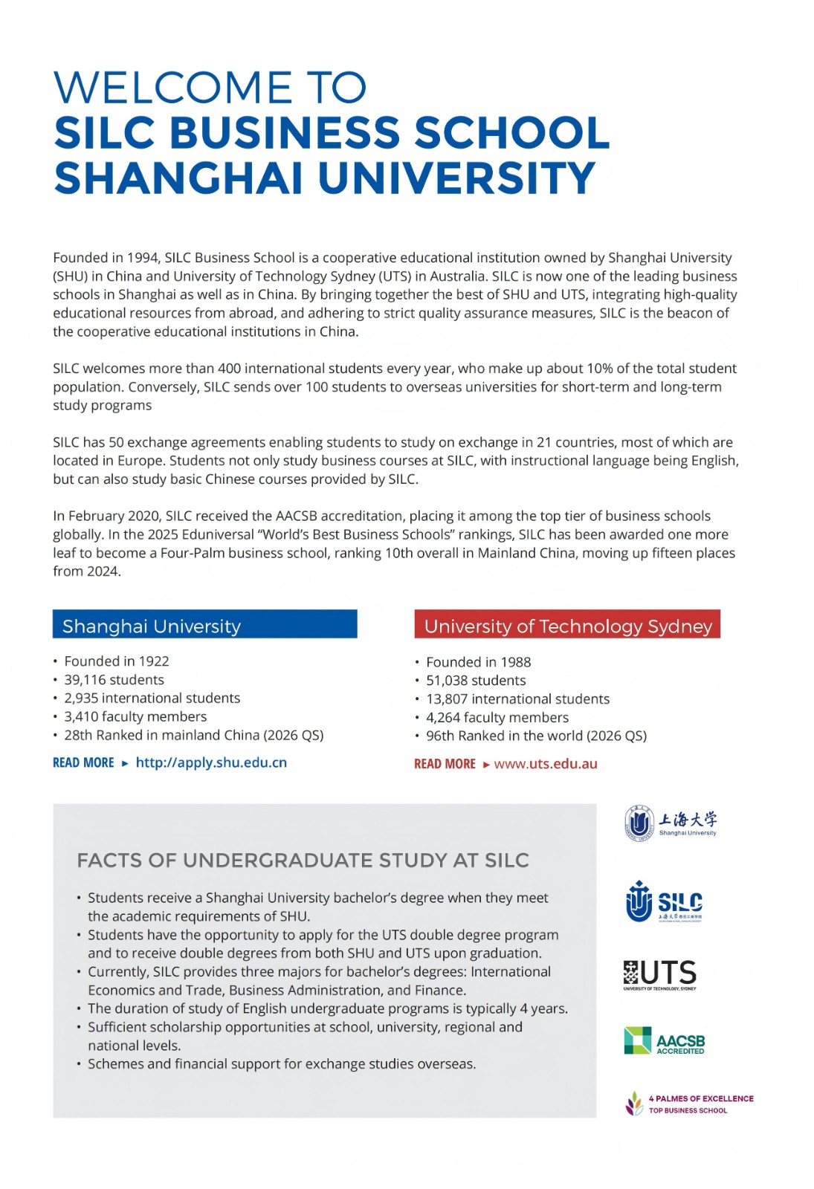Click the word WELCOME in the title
coord(172,88)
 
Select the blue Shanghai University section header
coord(204,625)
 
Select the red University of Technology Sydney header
coord(567,625)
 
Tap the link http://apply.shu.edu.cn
coord(211,762)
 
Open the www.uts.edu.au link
coord(546,764)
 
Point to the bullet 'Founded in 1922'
coord(116,661)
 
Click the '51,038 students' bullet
coord(476,681)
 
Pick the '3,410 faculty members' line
coord(135,716)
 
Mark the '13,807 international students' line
coord(517,699)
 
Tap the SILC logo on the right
coord(665,902)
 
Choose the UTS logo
coord(660,974)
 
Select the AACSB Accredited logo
coord(665,1041)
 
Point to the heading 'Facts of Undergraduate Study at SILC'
coord(303,861)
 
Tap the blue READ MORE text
coord(83,763)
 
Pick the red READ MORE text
coord(445,764)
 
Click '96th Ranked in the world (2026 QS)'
coord(536,736)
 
